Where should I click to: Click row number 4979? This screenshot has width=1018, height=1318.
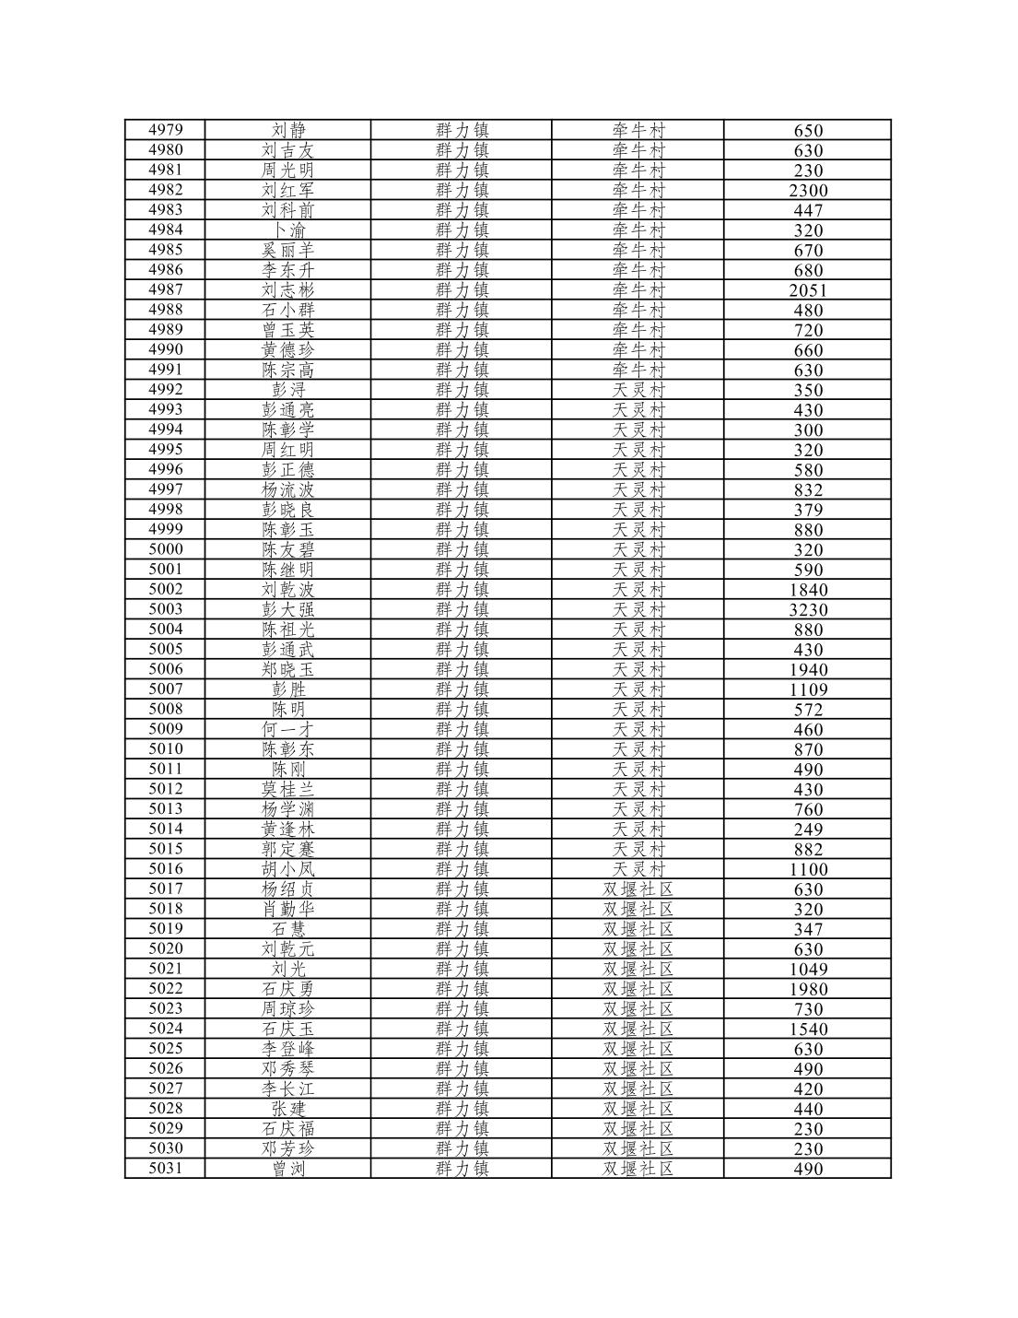click(165, 130)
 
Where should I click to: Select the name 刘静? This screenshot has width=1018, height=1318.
click(287, 130)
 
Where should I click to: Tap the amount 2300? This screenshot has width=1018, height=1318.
click(808, 190)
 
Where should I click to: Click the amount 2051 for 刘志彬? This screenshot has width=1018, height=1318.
click(808, 290)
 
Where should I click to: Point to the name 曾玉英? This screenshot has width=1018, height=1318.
click(287, 330)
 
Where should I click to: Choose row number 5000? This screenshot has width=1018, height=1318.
click(165, 549)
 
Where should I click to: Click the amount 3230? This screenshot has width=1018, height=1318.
click(808, 609)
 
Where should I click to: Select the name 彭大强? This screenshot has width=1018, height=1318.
click(287, 609)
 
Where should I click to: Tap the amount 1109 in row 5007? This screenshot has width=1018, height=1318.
click(808, 689)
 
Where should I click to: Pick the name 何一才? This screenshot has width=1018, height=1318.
click(287, 729)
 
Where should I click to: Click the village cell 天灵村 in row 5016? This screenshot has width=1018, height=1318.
click(638, 869)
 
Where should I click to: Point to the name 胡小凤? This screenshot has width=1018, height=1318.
click(287, 869)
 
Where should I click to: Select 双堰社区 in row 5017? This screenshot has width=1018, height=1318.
click(638, 889)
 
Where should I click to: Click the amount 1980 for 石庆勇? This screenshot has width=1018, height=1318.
click(808, 989)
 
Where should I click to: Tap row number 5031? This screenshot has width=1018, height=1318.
click(165, 1169)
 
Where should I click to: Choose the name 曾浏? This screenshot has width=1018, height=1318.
click(287, 1169)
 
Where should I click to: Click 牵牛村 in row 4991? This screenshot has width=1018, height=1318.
click(638, 370)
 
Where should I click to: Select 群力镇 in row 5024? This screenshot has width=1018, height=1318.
click(462, 1029)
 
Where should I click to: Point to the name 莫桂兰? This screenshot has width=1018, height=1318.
click(287, 789)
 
